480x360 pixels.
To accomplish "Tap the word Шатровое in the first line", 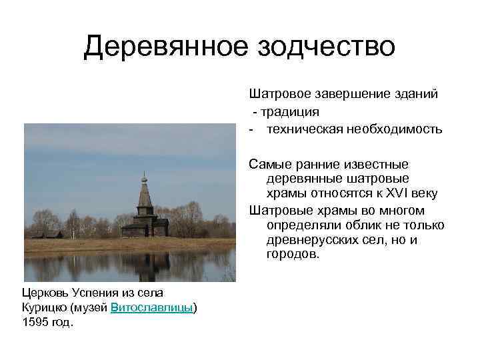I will tap(277, 94).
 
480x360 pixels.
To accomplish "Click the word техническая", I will tap(305, 129).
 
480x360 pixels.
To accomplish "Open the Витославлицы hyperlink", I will tap(152, 307).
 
